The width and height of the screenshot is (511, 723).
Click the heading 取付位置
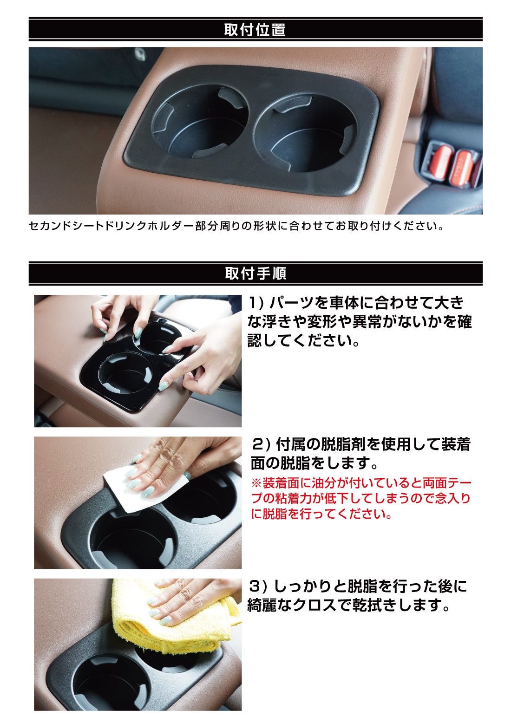[255, 30]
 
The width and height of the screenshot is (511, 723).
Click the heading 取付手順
[255, 274]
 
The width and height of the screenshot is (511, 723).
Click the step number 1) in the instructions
[255, 303]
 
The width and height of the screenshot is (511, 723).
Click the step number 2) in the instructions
[261, 444]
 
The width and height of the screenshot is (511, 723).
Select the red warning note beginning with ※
[361, 498]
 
